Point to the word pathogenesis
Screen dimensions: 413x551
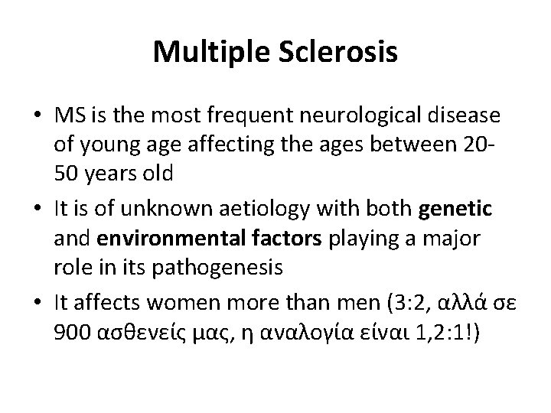coord(232,268)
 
